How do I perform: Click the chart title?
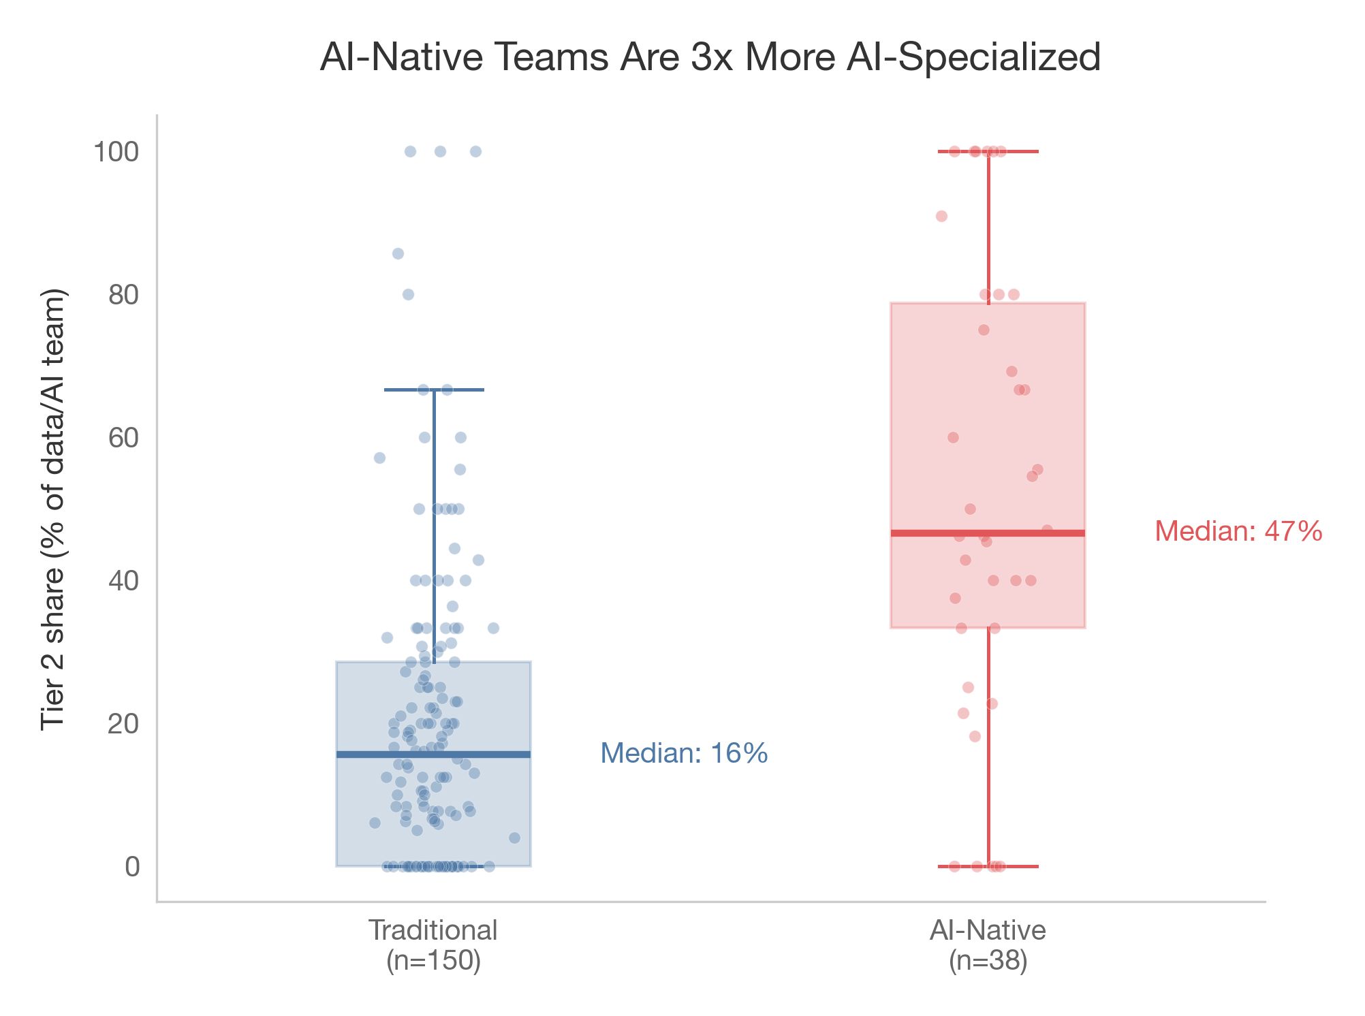coord(710,57)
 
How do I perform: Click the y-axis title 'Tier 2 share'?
coord(54,509)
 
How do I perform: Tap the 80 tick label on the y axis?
coord(123,295)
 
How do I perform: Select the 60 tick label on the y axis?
coord(123,438)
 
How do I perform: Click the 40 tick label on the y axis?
coord(123,581)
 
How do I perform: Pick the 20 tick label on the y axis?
coord(123,724)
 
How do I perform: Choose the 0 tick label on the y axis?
coord(132,867)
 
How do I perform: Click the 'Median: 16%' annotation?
coord(684,754)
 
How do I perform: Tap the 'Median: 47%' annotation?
coord(1238,532)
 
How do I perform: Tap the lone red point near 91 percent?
coord(941,217)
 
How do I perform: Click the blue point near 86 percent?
coord(398,254)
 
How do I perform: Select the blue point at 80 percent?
coord(408,295)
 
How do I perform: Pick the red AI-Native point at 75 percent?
coord(984,330)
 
